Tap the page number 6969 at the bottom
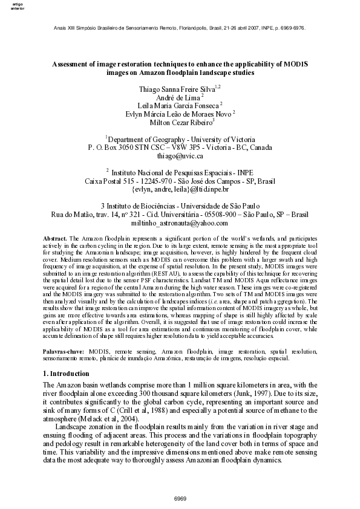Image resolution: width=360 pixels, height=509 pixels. (180, 498)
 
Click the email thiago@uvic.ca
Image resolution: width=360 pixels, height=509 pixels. (180, 155)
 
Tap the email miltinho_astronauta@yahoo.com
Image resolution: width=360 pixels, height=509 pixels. (180, 223)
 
